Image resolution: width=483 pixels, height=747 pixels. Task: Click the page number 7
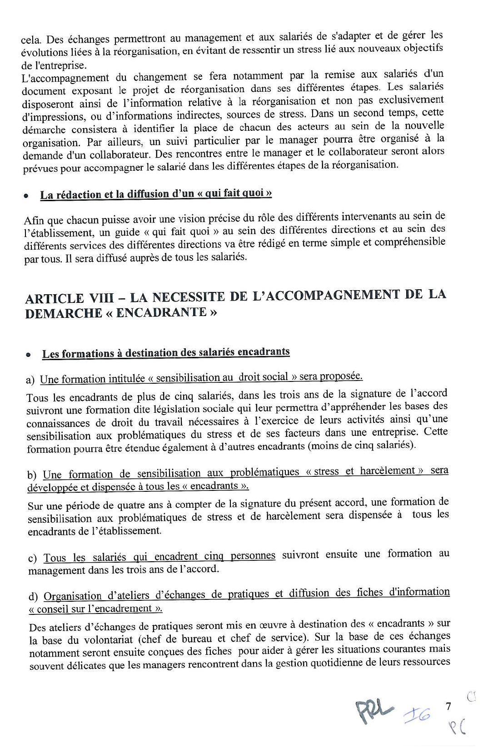pos(448,706)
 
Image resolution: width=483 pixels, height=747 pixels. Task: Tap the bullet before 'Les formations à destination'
pos(29,355)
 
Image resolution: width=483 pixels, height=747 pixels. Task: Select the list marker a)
pos(30,380)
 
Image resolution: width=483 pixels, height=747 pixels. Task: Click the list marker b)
pos(32,475)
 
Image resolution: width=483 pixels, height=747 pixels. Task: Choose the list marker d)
pos(33,597)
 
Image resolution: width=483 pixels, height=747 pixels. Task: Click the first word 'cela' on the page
pos(30,40)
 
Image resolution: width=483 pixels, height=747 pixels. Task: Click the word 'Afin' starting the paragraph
pos(34,221)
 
